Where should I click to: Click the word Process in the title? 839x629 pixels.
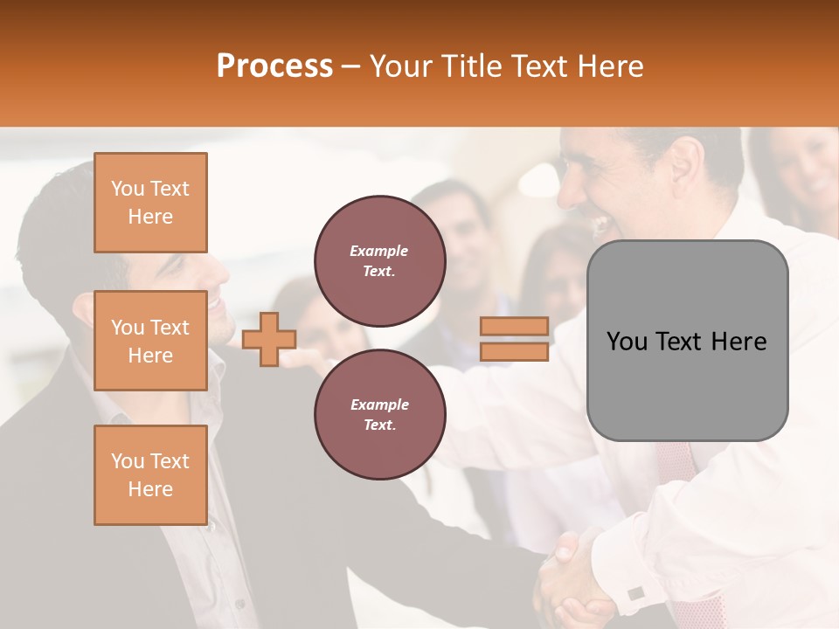pyautogui.click(x=274, y=66)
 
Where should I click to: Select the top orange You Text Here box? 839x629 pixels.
pyautogui.click(x=150, y=203)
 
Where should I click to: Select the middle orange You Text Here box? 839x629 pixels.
pyautogui.click(x=150, y=341)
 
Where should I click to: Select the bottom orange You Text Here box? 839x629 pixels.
pyautogui.click(x=150, y=474)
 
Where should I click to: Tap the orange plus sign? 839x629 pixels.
pyautogui.click(x=269, y=339)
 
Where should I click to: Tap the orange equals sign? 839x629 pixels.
pyautogui.click(x=514, y=339)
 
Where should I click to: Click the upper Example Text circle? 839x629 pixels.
pyautogui.click(x=379, y=260)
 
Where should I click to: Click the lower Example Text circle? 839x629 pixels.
pyautogui.click(x=379, y=414)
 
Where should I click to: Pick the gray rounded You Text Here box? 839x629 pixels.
pyautogui.click(x=687, y=341)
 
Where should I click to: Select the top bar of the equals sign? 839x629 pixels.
pyautogui.click(x=514, y=326)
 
